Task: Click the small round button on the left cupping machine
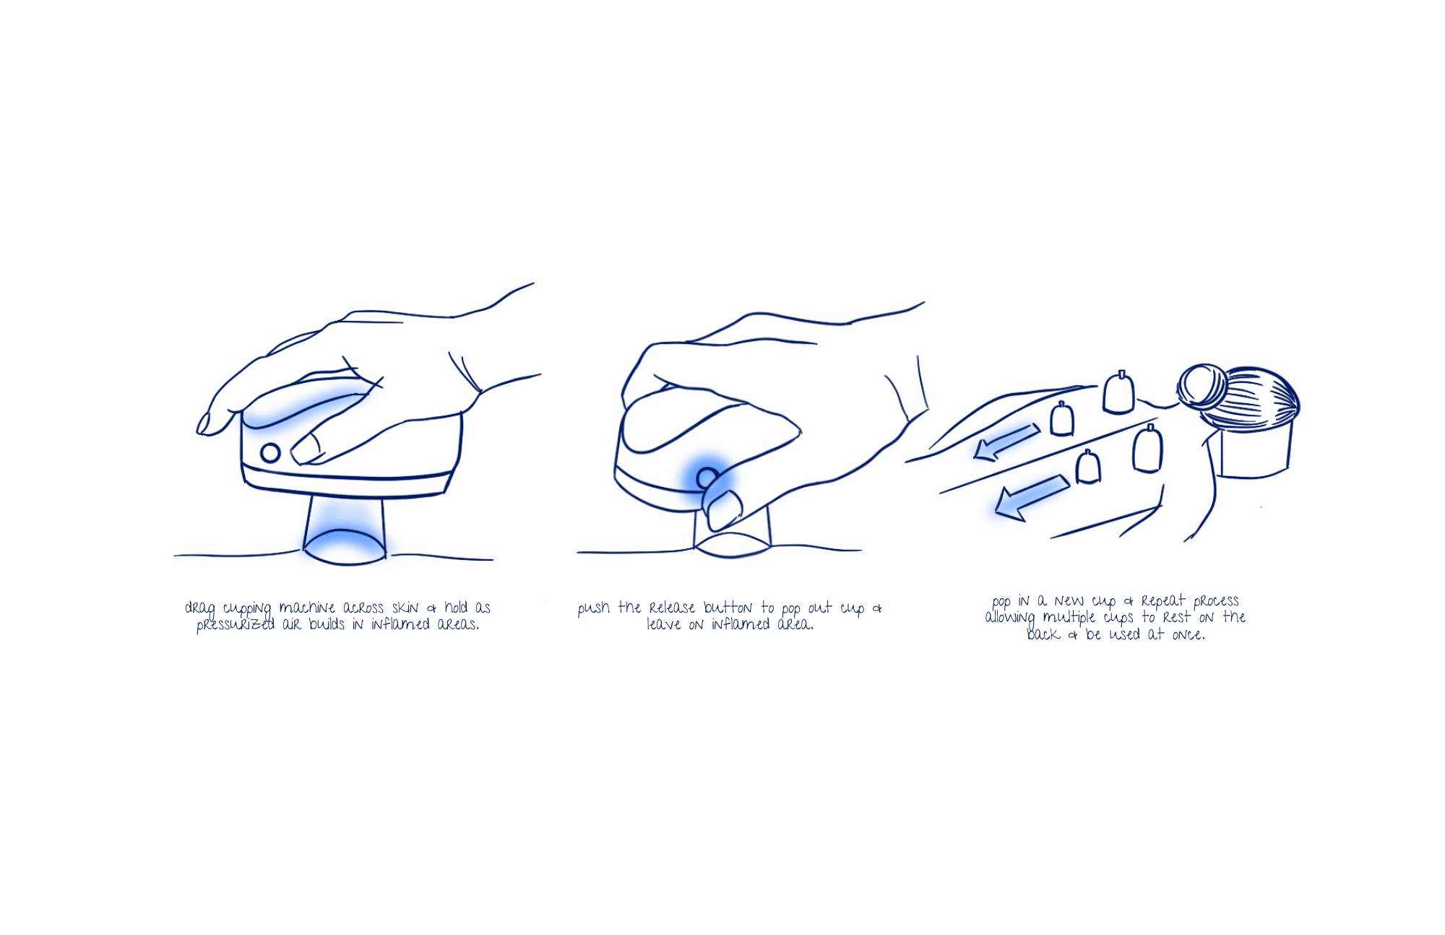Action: click(x=270, y=453)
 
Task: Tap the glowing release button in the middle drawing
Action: click(x=707, y=477)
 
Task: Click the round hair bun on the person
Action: click(x=1202, y=387)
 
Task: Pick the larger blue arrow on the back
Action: click(x=1032, y=497)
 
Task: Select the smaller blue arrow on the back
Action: click(x=1006, y=441)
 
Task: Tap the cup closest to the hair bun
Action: click(x=1118, y=392)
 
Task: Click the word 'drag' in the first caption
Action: click(x=200, y=609)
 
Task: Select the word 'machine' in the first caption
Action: click(x=307, y=608)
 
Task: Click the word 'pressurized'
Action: click(x=236, y=625)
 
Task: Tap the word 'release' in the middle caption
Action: click(x=672, y=608)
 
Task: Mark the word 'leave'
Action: click(x=663, y=624)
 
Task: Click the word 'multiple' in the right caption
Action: click(x=1069, y=619)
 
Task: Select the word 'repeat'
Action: click(x=1164, y=601)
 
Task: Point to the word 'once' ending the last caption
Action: click(x=1188, y=635)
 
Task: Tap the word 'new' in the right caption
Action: click(x=1069, y=601)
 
